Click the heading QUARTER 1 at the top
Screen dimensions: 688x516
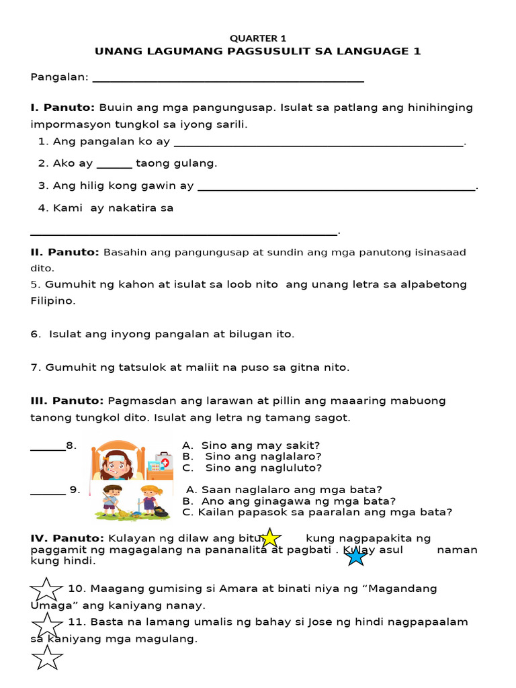258,38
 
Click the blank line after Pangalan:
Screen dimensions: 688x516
228,80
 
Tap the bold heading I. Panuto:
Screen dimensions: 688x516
63,107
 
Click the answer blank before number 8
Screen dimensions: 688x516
48,449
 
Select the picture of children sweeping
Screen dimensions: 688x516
132,502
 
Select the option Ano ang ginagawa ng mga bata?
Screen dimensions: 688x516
289,501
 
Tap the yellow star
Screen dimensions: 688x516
269,538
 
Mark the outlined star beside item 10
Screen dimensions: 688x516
46,590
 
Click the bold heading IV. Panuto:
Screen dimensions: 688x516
67,538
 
